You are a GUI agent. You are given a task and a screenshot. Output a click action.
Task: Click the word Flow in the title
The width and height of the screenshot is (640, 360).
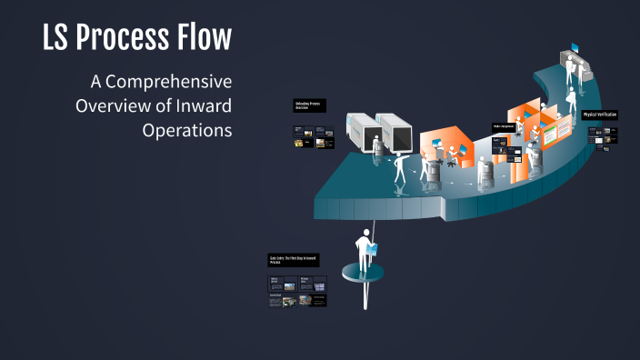207,38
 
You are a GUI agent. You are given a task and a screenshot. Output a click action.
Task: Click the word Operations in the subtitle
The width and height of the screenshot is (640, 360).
187,129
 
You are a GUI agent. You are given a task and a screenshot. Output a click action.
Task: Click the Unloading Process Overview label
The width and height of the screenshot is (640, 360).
308,105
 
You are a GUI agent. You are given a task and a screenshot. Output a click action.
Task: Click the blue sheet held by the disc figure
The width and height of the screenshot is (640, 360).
374,246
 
